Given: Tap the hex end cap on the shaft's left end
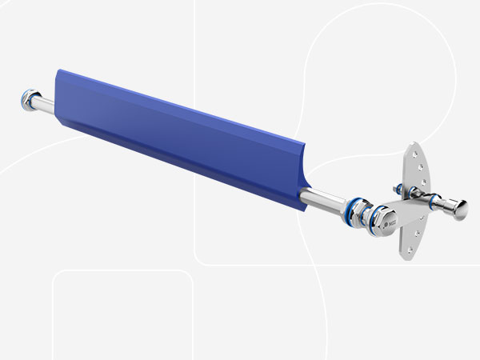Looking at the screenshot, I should (24, 102).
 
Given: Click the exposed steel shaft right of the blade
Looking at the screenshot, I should (325, 200).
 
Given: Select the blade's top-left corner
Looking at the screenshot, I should (56, 70).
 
